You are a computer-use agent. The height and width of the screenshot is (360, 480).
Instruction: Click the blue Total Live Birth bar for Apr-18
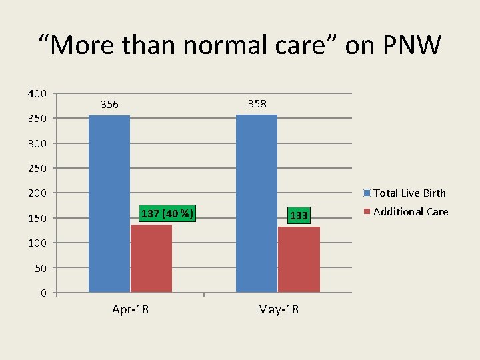tap(109, 203)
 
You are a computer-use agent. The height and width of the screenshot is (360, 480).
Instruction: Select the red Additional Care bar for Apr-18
tap(151, 258)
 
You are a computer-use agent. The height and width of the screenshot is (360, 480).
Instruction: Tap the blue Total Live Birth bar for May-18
tap(257, 203)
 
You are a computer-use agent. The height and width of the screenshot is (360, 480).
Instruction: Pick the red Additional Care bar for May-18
tap(299, 259)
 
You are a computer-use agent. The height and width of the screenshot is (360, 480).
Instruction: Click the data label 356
tap(109, 105)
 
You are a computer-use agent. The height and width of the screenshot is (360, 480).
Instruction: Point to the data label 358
tap(257, 103)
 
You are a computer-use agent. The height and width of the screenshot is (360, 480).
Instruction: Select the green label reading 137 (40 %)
tap(167, 214)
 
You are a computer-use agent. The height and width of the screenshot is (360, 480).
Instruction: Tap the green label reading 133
tap(299, 215)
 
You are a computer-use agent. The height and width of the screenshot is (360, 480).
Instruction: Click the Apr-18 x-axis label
tap(130, 310)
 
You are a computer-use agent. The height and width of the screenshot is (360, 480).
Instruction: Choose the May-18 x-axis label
tap(278, 310)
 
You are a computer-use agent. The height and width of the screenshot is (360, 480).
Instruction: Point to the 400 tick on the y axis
tap(37, 93)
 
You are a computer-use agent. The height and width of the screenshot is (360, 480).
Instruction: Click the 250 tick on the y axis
tap(37, 168)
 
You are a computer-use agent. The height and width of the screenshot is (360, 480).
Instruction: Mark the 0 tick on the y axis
tap(43, 293)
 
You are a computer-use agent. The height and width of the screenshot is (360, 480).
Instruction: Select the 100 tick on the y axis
tap(37, 243)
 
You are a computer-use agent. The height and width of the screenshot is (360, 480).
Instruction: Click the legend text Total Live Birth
tap(409, 193)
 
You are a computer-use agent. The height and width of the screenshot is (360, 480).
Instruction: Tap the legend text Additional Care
tap(411, 212)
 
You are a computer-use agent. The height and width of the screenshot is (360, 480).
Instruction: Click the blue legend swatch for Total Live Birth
tap(367, 193)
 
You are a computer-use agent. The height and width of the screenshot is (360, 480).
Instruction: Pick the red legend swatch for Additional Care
tap(367, 212)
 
